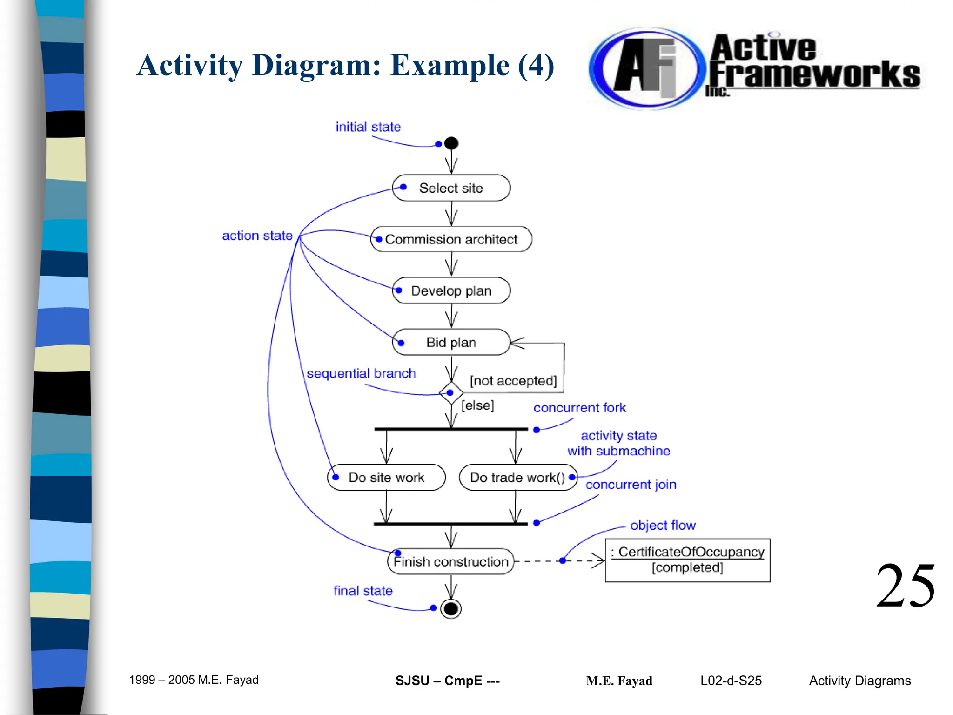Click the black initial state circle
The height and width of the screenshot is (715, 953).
(x=451, y=143)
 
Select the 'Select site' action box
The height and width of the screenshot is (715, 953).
(x=451, y=188)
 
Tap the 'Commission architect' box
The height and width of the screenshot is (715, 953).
(x=451, y=239)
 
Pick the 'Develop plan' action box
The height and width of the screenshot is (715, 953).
(x=451, y=291)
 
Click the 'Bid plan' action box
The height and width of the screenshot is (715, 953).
(x=451, y=343)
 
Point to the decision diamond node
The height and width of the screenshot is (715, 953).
(x=451, y=393)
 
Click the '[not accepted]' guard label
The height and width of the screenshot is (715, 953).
(x=513, y=381)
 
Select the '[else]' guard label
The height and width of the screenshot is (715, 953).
(x=477, y=405)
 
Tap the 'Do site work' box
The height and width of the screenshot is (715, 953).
(x=386, y=478)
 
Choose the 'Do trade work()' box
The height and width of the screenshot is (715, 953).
(x=517, y=478)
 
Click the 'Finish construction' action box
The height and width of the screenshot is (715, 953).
(x=450, y=562)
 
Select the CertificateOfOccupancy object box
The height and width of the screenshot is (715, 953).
(x=687, y=560)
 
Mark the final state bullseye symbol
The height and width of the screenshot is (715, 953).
(x=450, y=608)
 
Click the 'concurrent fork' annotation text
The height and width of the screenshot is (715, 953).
(x=579, y=408)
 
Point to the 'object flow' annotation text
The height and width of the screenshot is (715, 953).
(x=663, y=526)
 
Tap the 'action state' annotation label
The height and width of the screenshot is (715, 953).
(x=257, y=236)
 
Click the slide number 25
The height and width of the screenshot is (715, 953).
(x=905, y=586)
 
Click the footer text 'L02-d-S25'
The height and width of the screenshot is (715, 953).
(x=731, y=681)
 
